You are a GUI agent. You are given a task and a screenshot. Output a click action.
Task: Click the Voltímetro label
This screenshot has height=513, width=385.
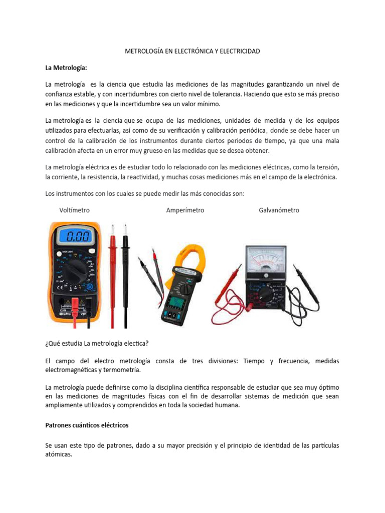(x=74, y=210)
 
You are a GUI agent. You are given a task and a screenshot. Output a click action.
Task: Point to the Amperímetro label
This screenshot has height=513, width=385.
(x=185, y=210)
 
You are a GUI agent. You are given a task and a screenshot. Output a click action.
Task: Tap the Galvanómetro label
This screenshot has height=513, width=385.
(x=279, y=210)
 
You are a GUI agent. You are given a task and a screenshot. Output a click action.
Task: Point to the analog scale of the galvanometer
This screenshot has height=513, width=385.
(x=264, y=261)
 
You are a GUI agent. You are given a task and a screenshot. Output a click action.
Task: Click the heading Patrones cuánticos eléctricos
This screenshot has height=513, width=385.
(x=87, y=425)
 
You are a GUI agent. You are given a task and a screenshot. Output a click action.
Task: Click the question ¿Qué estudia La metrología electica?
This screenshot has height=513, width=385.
(x=97, y=343)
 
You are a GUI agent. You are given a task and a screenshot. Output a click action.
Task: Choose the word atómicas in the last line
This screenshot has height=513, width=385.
(x=59, y=455)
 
